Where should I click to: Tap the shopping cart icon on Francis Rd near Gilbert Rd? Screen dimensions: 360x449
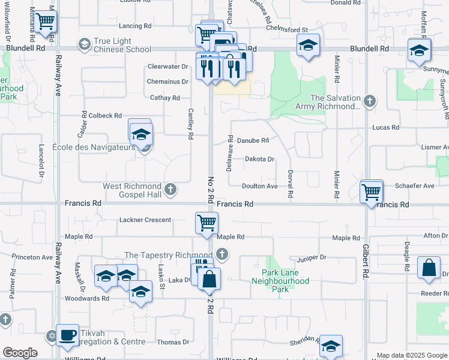point(372,192)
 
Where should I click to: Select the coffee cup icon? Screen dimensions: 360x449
point(67,334)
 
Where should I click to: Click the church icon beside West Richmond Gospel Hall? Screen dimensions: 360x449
point(170,190)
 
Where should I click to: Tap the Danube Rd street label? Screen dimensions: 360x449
point(252,140)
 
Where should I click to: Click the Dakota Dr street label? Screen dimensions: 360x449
point(259,159)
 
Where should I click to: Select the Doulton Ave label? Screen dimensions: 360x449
point(259,186)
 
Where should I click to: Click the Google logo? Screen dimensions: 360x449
point(20,352)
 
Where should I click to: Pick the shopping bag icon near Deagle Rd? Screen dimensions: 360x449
point(430,269)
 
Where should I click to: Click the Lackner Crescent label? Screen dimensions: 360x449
point(145,220)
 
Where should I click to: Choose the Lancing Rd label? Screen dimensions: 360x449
point(135,26)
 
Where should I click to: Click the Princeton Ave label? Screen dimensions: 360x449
point(32,257)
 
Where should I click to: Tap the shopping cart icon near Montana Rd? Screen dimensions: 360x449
point(46,22)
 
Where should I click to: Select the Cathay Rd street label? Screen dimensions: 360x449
point(164,98)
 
